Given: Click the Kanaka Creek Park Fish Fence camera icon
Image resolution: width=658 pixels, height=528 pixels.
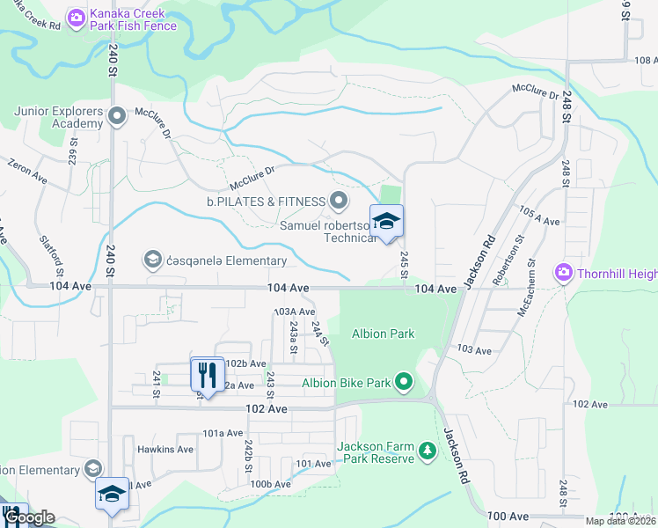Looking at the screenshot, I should (77, 16).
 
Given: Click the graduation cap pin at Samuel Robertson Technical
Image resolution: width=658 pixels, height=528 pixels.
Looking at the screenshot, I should (386, 222).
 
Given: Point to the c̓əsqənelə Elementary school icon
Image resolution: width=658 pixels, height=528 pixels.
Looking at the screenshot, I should (153, 260).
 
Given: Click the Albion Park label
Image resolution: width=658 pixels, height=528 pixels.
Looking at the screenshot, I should (383, 334).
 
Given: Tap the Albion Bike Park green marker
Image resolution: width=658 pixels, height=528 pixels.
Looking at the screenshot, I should (404, 381).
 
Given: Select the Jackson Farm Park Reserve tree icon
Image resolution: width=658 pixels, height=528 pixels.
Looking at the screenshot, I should (428, 451).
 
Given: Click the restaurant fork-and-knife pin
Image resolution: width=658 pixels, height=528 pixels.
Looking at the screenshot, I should (207, 374).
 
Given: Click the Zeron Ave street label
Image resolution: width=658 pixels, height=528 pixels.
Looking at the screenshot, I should (27, 171).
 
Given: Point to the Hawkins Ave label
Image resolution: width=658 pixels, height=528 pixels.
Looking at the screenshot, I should (164, 449).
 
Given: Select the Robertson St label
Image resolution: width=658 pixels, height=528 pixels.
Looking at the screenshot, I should (509, 256).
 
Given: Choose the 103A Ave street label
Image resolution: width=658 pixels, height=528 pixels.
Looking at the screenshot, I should (294, 312).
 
